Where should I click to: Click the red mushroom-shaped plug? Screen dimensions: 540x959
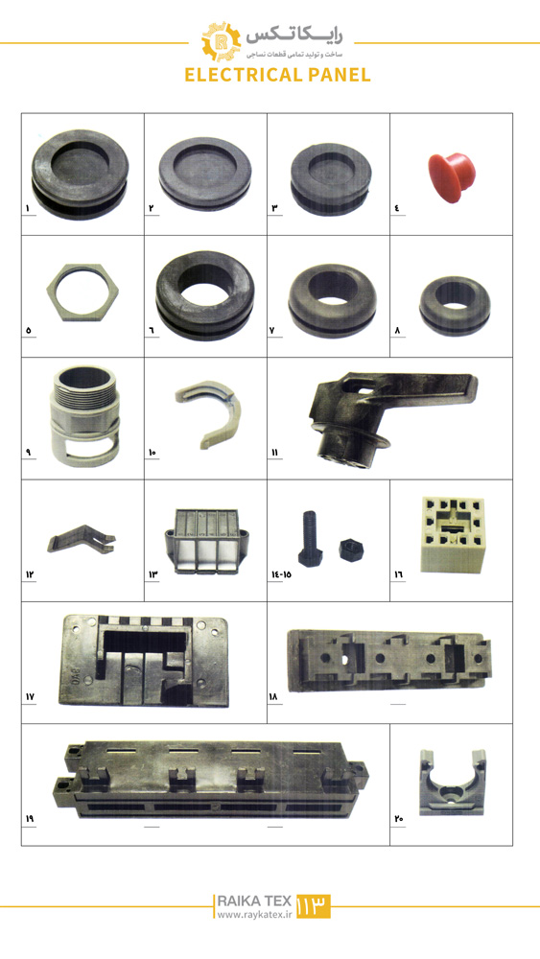coord(452,177)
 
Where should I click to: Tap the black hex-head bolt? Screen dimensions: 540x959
coord(310,537)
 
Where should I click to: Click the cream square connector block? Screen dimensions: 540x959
coord(453,534)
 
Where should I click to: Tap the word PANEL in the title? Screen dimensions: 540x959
coord(340,75)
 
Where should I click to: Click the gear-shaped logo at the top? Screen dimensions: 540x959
coord(221,41)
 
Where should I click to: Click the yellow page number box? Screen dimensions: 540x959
coord(313,906)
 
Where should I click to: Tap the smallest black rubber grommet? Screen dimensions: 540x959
coord(455,306)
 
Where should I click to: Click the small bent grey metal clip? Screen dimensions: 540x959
coord(80,538)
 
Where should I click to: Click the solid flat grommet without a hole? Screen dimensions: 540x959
coord(205,173)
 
